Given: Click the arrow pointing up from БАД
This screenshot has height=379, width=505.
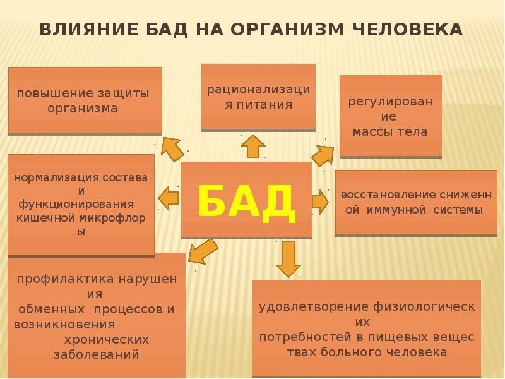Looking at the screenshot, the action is click(253, 146).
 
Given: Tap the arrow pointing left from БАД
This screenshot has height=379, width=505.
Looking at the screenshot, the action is click(169, 198).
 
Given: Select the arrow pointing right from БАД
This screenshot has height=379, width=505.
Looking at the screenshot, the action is click(320, 202).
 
